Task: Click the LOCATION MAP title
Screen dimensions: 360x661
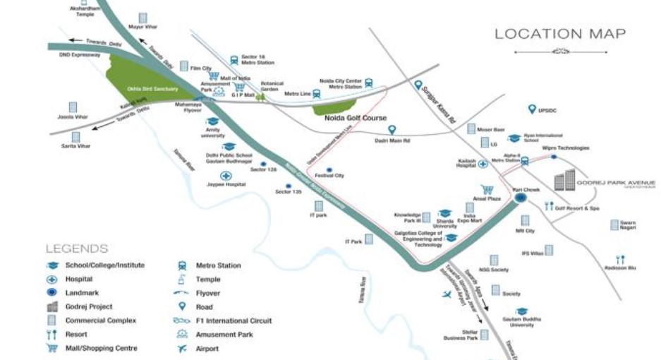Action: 559,34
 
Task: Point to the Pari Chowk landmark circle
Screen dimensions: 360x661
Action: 521,199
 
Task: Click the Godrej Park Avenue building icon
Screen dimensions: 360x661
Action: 564,181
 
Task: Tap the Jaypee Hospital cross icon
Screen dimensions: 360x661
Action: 226,176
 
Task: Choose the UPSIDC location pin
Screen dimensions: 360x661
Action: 533,109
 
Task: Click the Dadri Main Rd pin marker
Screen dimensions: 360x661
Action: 392,130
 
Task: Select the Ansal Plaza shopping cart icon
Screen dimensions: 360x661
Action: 486,190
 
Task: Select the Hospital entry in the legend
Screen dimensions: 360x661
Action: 79,279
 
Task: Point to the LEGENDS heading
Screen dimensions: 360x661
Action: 77,248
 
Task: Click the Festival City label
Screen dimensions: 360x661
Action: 329,175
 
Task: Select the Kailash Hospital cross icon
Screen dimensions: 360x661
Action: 483,164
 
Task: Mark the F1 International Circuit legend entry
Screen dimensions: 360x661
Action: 233,320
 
